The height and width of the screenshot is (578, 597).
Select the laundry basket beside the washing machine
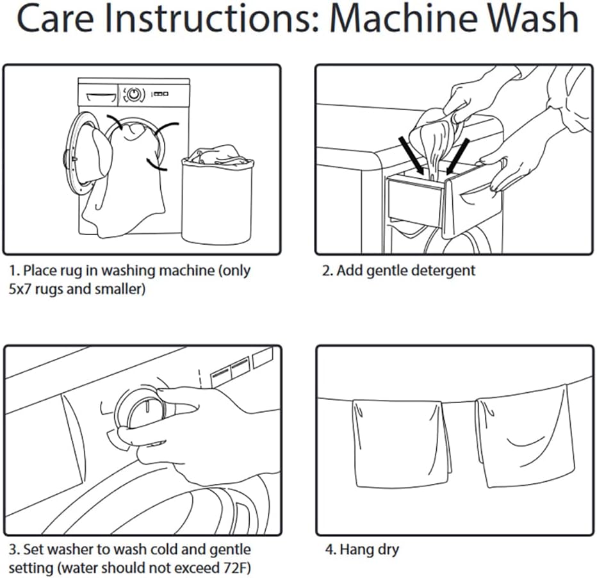(x=217, y=194)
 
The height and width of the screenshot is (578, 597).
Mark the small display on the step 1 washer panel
(x=160, y=94)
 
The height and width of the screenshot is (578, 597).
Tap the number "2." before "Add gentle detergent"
(x=327, y=270)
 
